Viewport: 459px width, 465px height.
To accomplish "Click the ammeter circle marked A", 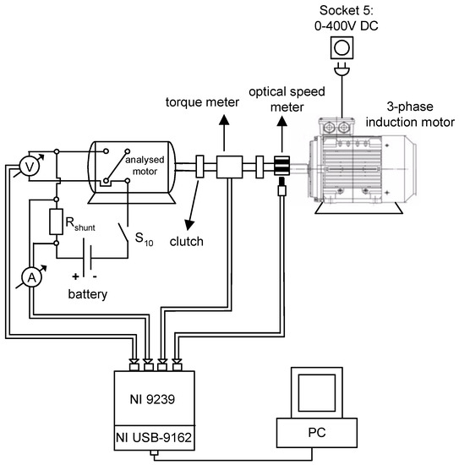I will (30, 279).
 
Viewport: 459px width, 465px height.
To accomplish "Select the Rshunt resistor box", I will (57, 222).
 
